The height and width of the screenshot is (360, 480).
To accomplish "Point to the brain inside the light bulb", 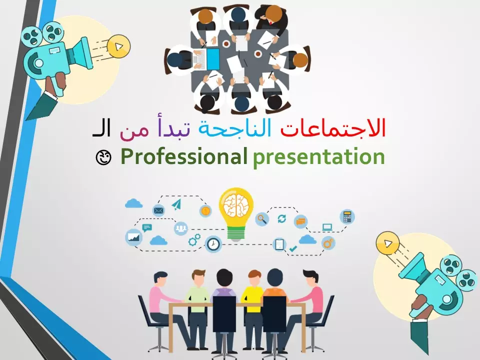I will click(x=236, y=205).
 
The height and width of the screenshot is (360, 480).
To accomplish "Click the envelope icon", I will click(x=159, y=210).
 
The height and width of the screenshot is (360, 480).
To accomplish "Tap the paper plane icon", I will click(x=176, y=204).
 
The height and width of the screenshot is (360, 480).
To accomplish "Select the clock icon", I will click(x=213, y=244).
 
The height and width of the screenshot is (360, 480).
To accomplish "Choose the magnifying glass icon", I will click(x=261, y=218).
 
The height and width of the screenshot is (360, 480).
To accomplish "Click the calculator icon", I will click(x=346, y=216).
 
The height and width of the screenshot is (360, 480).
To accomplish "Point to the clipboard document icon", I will click(x=279, y=244).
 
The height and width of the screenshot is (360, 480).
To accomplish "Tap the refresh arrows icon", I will click(x=281, y=218).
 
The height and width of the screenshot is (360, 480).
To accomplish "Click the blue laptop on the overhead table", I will click(x=213, y=58).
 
